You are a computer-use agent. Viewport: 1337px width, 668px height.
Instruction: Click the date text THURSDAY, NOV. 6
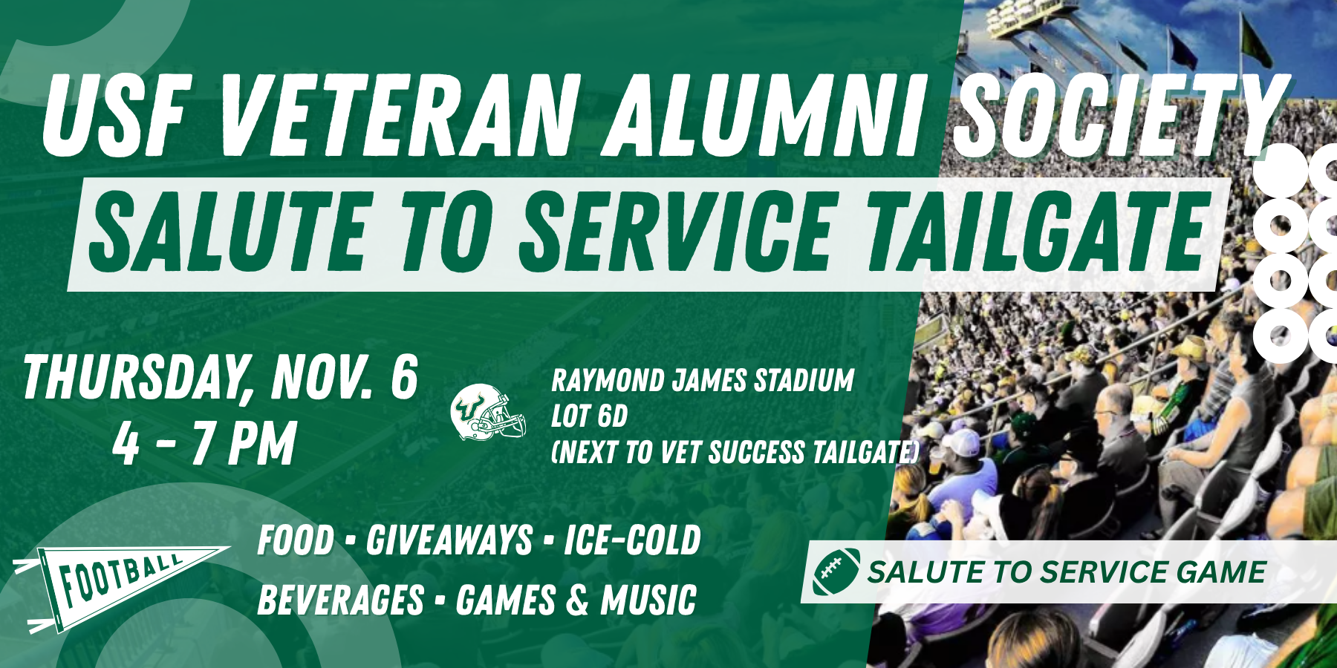coord(221,377)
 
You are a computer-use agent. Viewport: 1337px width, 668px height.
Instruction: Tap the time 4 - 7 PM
coord(204,444)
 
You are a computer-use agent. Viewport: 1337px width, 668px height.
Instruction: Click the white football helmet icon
coord(488,413)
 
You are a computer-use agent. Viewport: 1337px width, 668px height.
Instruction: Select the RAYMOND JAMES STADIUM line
coord(702,381)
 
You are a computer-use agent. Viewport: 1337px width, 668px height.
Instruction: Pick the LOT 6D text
coord(589,416)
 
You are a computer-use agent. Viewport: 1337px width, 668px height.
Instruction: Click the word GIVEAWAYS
coord(449,540)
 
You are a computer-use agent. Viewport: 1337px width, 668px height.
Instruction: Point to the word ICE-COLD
coord(632,540)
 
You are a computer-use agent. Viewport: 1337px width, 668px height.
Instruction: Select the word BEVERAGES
coord(340,600)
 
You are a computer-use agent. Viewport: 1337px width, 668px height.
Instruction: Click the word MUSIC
coord(648,600)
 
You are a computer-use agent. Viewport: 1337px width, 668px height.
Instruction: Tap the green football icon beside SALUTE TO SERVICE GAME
coord(836,572)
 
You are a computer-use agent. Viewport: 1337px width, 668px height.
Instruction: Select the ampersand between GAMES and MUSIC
coord(578,600)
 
